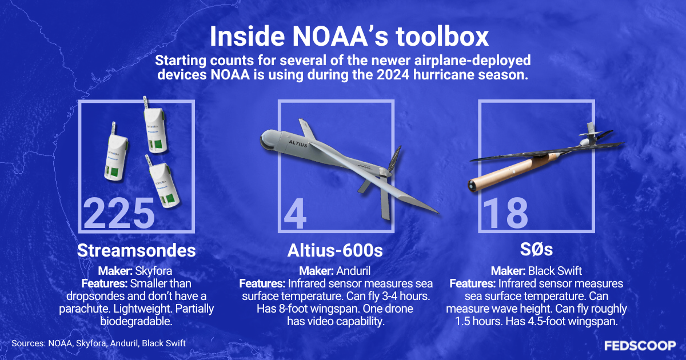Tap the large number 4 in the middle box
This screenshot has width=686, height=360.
(x=295, y=214)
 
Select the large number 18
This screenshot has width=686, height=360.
(x=505, y=213)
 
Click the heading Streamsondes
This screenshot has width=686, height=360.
(x=137, y=250)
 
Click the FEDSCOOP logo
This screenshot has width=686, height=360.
(x=640, y=345)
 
